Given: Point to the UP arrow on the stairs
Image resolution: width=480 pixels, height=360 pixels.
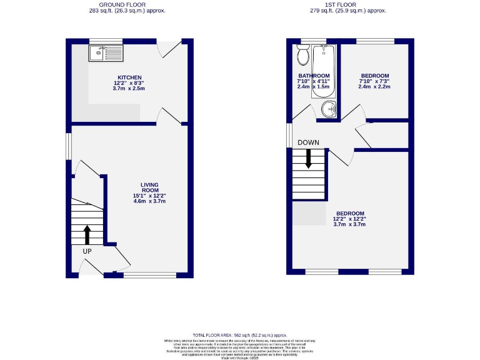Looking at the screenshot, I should coord(87,235).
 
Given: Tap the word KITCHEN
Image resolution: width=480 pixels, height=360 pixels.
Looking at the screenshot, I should coord(128,77).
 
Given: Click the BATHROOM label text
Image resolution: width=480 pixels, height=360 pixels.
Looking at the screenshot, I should coord(313,76).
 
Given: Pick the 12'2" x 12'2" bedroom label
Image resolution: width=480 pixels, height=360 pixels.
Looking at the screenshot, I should coord(350,213).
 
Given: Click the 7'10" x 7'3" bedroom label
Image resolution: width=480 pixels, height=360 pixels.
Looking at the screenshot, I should coord(374,76).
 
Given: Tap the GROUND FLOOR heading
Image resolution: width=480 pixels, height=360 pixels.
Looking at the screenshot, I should coord(127,4).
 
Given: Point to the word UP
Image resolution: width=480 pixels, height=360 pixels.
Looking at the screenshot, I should coord(87,251).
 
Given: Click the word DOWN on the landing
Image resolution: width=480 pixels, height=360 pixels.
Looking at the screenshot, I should coord(308,142).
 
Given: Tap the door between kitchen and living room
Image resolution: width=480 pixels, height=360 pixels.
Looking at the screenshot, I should coord(169,116).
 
